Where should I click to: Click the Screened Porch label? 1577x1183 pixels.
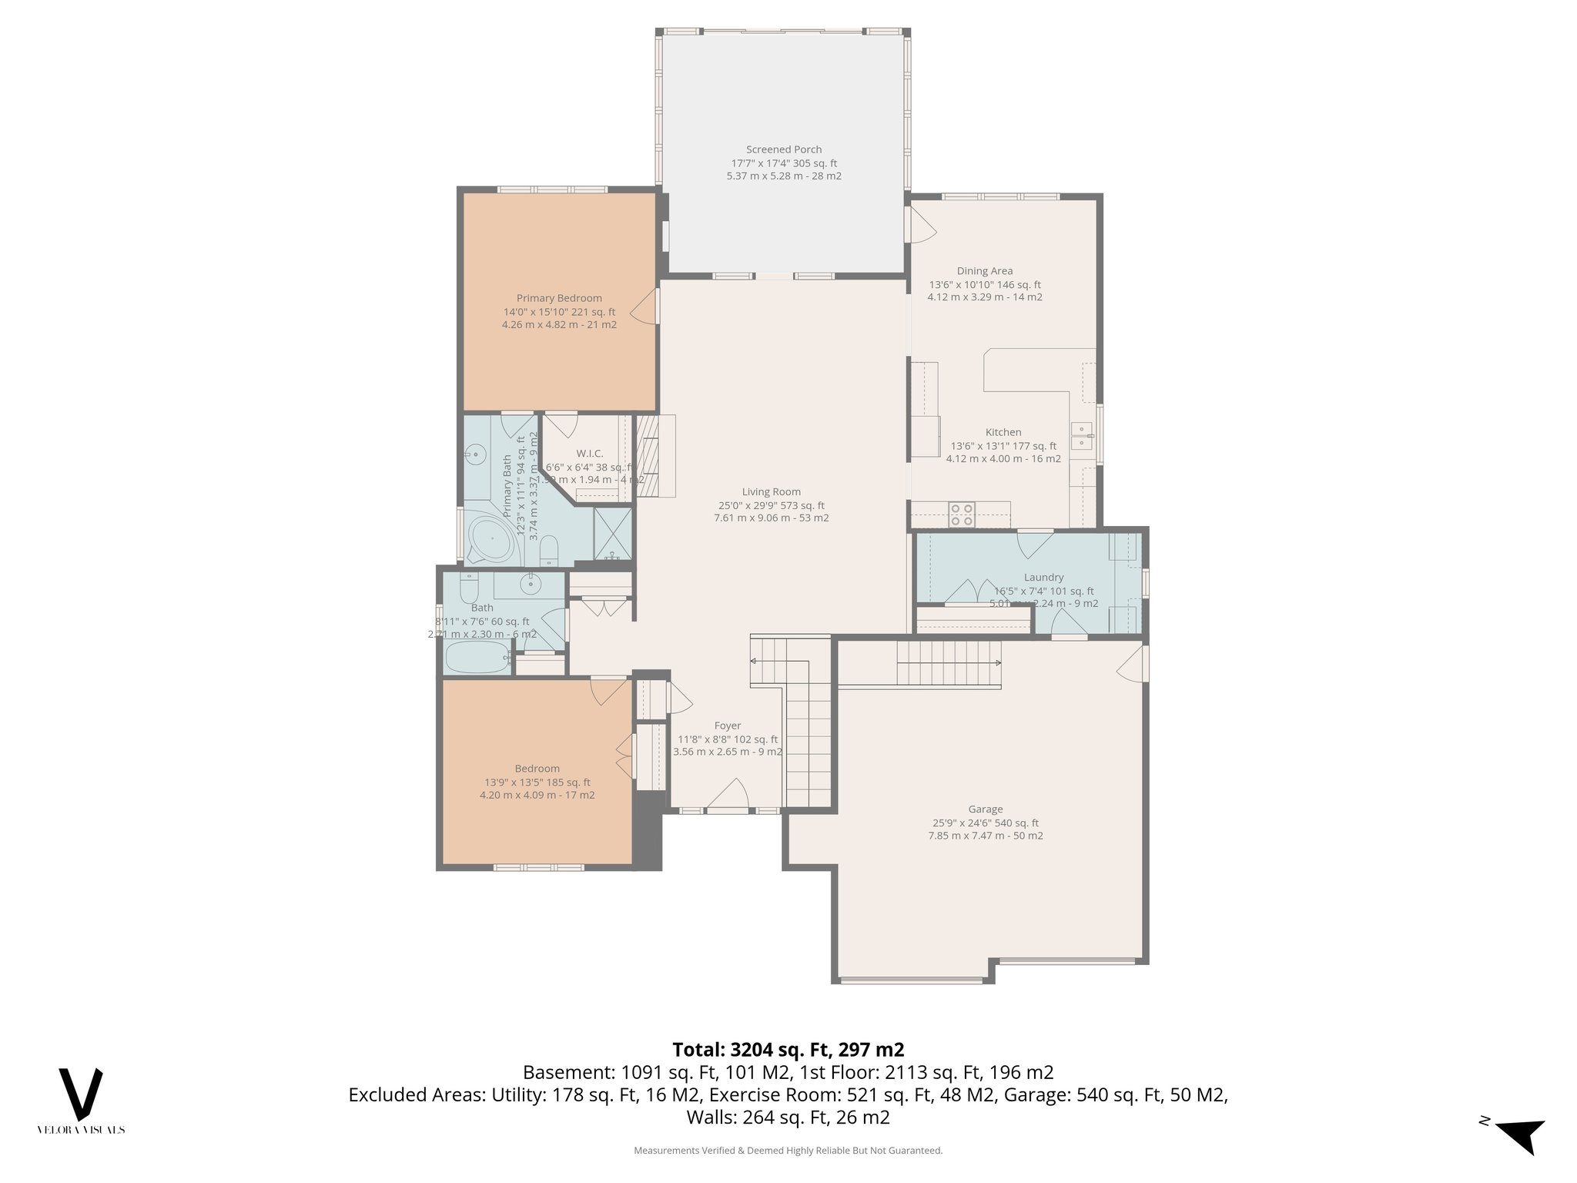coord(783,149)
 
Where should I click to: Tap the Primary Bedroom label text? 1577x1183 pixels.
coord(559,298)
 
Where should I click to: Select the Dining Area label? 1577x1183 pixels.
coord(984,271)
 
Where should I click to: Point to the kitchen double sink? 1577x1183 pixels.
coord(1082,435)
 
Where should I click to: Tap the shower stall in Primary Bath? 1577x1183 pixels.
coord(612,533)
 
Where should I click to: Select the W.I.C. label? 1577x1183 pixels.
coord(589,454)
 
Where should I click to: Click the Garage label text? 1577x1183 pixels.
coord(985,809)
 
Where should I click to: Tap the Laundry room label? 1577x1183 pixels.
coord(1043,578)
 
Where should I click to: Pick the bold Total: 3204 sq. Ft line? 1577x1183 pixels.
coord(788,1050)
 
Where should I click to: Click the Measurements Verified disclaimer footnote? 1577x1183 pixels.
coord(788,1151)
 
